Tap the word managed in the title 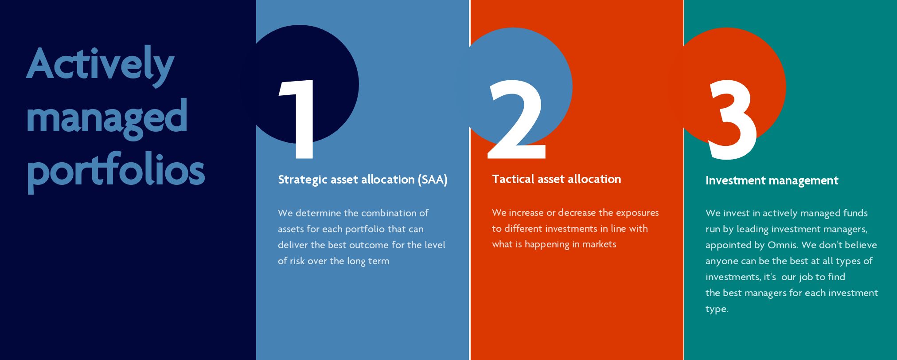[107, 117]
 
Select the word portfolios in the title [116, 171]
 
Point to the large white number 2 [516, 119]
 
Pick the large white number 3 [732, 120]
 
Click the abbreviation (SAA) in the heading [433, 180]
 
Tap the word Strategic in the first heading [303, 180]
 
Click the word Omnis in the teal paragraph [782, 245]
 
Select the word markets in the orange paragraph [599, 244]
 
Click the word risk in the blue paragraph [297, 261]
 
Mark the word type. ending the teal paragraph [717, 309]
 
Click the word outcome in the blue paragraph [370, 245]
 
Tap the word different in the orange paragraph [523, 229]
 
